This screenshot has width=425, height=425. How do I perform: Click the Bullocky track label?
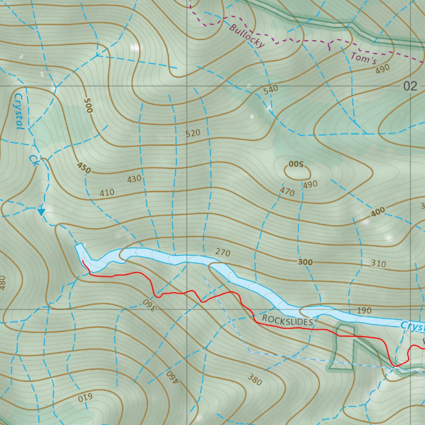tap(246, 36)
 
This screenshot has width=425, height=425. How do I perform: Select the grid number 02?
tap(410, 86)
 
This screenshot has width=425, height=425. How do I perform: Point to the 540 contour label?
tap(271, 90)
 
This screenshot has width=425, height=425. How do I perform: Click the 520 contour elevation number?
tap(193, 133)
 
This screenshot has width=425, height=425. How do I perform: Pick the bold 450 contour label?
tap(83, 168)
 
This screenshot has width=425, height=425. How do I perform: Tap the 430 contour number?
tap(134, 179)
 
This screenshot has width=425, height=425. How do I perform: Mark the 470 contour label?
tap(287, 192)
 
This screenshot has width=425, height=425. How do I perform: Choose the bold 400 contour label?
tap(378, 212)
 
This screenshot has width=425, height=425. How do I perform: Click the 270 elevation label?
tap(222, 252)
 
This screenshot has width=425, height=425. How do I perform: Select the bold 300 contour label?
tap(305, 262)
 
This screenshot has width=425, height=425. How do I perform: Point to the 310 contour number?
tap(378, 264)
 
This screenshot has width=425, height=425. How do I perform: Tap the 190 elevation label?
tap(364, 311)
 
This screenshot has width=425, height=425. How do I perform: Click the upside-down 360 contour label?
tap(151, 305)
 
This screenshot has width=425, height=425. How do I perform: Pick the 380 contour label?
tap(254, 379)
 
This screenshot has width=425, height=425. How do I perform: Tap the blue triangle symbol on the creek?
tap(41, 212)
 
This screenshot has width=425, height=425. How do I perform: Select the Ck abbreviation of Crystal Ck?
tap(34, 161)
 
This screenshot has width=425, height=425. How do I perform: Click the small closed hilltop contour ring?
tap(297, 171)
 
